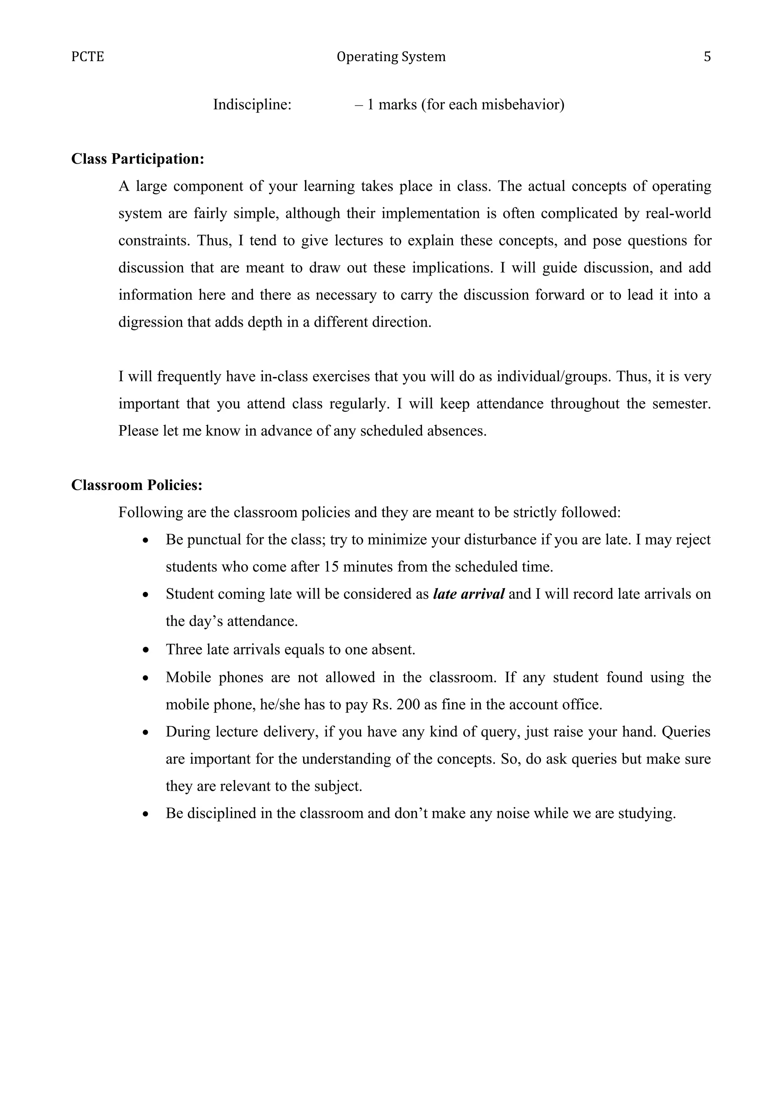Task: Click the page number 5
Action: pos(707,57)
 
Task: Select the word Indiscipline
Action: pos(252,105)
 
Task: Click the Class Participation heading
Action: pos(138,159)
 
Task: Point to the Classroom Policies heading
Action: pos(137,485)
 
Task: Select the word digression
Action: pos(150,322)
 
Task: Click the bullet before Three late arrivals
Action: pos(146,650)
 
